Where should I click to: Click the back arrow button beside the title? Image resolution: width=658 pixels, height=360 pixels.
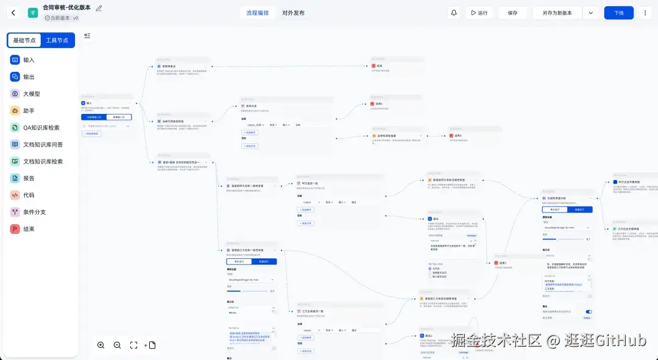pos(14,13)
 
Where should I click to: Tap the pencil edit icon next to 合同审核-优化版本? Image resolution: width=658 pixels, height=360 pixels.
pos(99,9)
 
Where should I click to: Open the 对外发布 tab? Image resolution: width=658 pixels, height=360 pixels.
pos(293,13)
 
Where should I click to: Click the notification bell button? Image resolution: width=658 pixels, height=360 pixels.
pos(454,13)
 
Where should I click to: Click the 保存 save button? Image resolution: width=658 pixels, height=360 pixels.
pos(512,13)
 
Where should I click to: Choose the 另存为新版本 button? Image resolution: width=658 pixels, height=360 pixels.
pos(557,13)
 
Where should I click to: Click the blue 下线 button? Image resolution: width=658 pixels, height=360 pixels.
pos(618,13)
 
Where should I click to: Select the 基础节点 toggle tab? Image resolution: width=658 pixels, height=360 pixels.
pos(24,40)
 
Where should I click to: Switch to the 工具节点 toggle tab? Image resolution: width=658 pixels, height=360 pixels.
pos(57,40)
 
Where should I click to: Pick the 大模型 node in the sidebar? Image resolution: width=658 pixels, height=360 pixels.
pos(32,94)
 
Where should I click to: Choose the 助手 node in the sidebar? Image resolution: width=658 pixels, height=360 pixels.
pos(29,111)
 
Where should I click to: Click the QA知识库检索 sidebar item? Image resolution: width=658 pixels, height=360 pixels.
pos(41,128)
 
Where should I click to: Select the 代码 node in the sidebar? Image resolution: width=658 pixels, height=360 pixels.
pos(29,196)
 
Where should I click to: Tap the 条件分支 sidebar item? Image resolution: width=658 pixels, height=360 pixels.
pos(34,212)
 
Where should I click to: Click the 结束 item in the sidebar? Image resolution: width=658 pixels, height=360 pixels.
pos(29,229)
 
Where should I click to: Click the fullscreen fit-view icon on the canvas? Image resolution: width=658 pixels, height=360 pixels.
pos(134,345)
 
